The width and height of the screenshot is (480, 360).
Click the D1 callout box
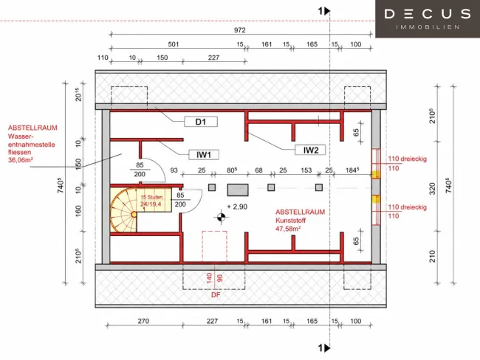[201, 122]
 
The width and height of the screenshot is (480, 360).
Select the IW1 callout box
[204, 155]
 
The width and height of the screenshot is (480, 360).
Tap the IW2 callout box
[310, 150]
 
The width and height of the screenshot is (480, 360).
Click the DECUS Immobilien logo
[428, 18]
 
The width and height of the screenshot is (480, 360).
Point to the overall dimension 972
[240, 30]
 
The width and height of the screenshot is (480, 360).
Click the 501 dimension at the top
[174, 44]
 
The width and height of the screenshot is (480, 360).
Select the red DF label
[216, 295]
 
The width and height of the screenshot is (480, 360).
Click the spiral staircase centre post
[134, 215]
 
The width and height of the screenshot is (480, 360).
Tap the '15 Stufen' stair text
[151, 197]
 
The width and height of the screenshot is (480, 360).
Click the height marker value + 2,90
[237, 207]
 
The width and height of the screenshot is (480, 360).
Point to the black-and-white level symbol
[221, 217]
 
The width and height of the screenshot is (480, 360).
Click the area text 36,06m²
[21, 159]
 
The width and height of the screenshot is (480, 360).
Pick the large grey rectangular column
[238, 190]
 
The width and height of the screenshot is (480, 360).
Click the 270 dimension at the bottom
[143, 321]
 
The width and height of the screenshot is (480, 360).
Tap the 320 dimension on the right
[432, 188]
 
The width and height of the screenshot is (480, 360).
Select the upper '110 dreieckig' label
[407, 159]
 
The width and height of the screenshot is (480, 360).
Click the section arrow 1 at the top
[324, 11]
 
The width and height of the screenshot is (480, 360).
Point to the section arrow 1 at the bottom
[324, 347]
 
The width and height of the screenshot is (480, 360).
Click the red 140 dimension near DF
[210, 277]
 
